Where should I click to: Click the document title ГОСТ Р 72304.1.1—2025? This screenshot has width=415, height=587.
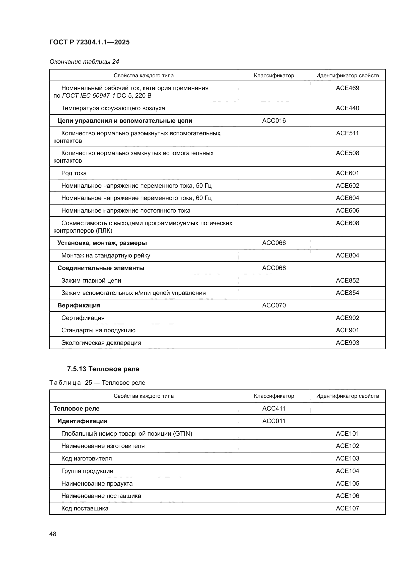[89, 42]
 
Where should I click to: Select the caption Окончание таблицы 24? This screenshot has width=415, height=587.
[84, 62]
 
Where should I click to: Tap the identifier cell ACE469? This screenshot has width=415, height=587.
[347, 88]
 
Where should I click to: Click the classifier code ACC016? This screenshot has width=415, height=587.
[274, 121]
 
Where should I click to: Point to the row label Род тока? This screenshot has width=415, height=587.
[74, 173]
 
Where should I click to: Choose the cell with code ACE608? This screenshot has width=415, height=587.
[347, 223]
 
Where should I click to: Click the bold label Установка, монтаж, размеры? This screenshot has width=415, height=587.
[102, 243]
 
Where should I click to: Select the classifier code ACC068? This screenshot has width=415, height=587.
[274, 268]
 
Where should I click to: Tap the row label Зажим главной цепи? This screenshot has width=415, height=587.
[91, 281]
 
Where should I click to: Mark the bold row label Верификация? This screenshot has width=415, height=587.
[79, 305]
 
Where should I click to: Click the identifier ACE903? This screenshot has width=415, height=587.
[347, 343]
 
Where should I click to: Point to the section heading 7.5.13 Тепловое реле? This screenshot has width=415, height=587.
[103, 369]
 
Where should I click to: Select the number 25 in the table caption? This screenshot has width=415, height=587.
[88, 383]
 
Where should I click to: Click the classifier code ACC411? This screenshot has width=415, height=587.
[274, 408]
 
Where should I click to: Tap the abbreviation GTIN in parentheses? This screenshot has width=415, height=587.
[182, 434]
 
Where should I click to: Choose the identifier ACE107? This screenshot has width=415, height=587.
[347, 508]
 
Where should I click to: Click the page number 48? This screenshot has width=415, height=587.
[53, 534]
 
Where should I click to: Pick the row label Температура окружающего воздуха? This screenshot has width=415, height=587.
[113, 108]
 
